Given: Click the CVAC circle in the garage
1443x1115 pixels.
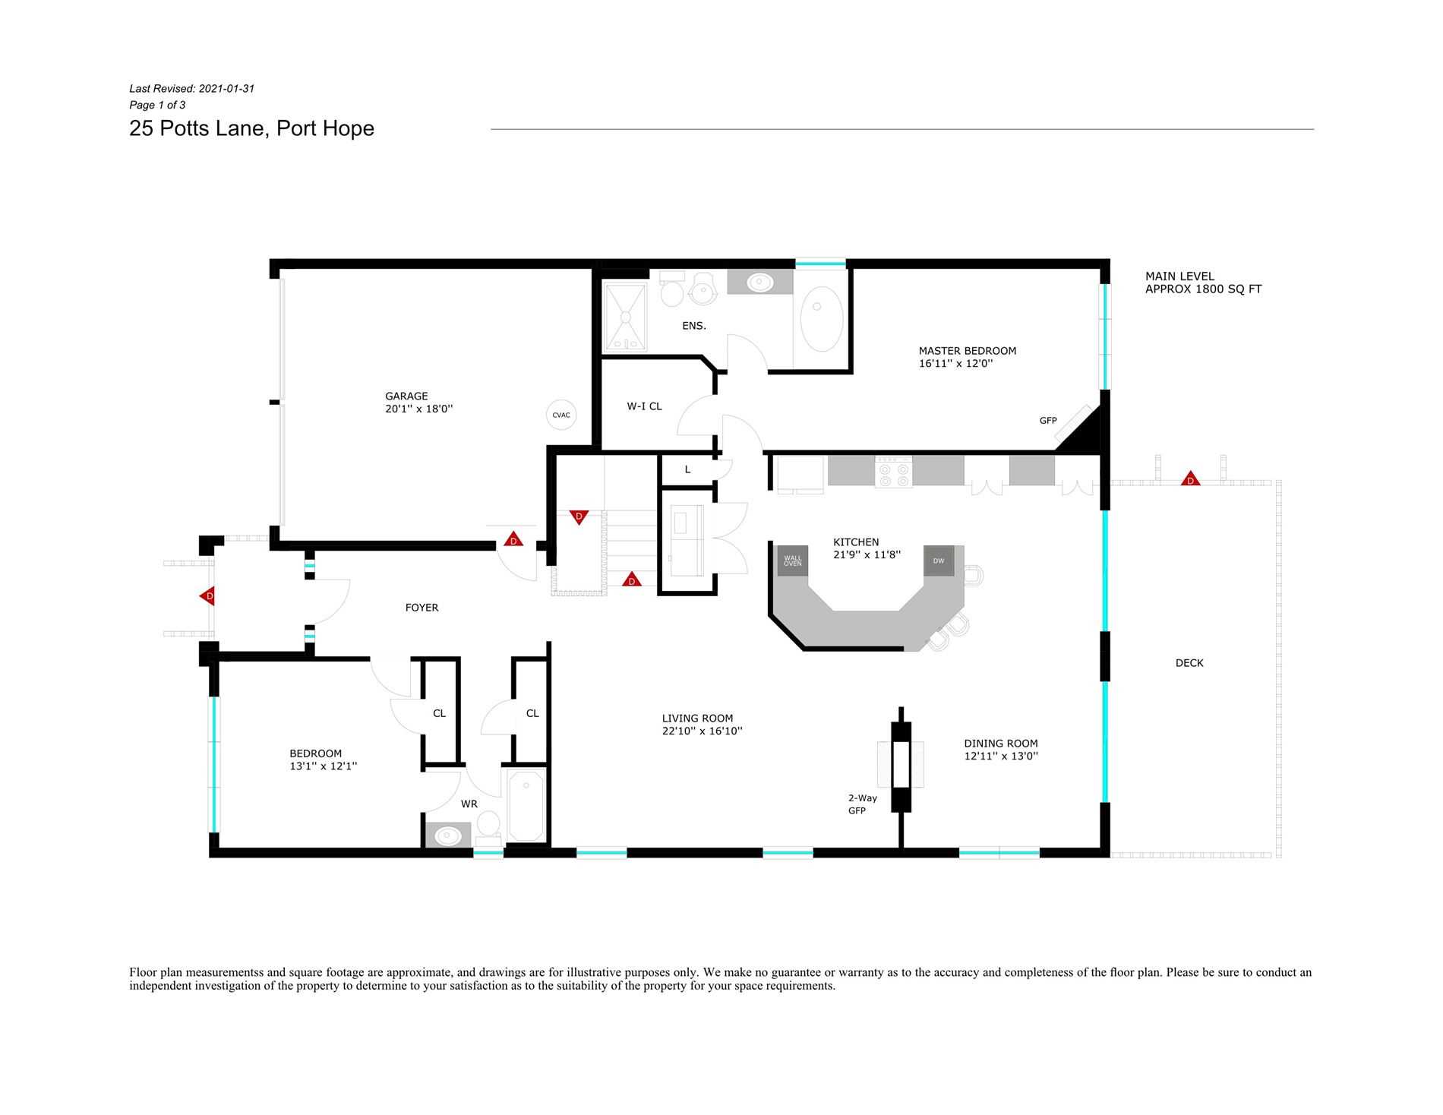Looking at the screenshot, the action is pyautogui.click(x=561, y=415).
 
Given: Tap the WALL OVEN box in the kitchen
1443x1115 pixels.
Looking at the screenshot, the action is pyautogui.click(x=792, y=561).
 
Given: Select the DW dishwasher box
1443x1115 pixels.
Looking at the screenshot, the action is pyautogui.click(x=939, y=561).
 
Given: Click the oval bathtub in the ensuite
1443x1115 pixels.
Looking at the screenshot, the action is pyautogui.click(x=821, y=318).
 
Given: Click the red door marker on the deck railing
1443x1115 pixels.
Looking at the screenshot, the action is pyautogui.click(x=1190, y=479).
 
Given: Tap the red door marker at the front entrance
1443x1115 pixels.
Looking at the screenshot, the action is pyautogui.click(x=207, y=596).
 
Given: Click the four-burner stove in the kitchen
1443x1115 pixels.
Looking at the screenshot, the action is pyautogui.click(x=893, y=471).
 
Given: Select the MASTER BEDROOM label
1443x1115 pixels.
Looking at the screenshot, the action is pyautogui.click(x=967, y=351).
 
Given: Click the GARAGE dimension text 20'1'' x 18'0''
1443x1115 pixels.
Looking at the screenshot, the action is pyautogui.click(x=418, y=409).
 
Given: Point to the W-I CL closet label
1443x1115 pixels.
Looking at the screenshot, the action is pyautogui.click(x=644, y=406).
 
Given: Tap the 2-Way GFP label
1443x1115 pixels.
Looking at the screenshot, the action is pyautogui.click(x=862, y=804).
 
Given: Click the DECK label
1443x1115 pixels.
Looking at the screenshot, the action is pyautogui.click(x=1189, y=663).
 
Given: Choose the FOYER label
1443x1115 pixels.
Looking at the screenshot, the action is pyautogui.click(x=422, y=608).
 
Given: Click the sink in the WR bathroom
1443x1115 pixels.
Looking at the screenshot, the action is pyautogui.click(x=448, y=836).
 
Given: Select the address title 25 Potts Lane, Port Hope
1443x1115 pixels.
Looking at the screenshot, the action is pyautogui.click(x=251, y=128).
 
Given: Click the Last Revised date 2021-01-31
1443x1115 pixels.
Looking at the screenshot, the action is pyautogui.click(x=226, y=89).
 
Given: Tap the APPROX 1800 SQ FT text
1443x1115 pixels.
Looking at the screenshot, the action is pyautogui.click(x=1203, y=289).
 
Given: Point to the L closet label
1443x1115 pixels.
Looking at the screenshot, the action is pyautogui.click(x=687, y=469).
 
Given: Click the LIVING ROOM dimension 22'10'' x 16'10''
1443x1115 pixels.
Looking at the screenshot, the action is pyautogui.click(x=702, y=731).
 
